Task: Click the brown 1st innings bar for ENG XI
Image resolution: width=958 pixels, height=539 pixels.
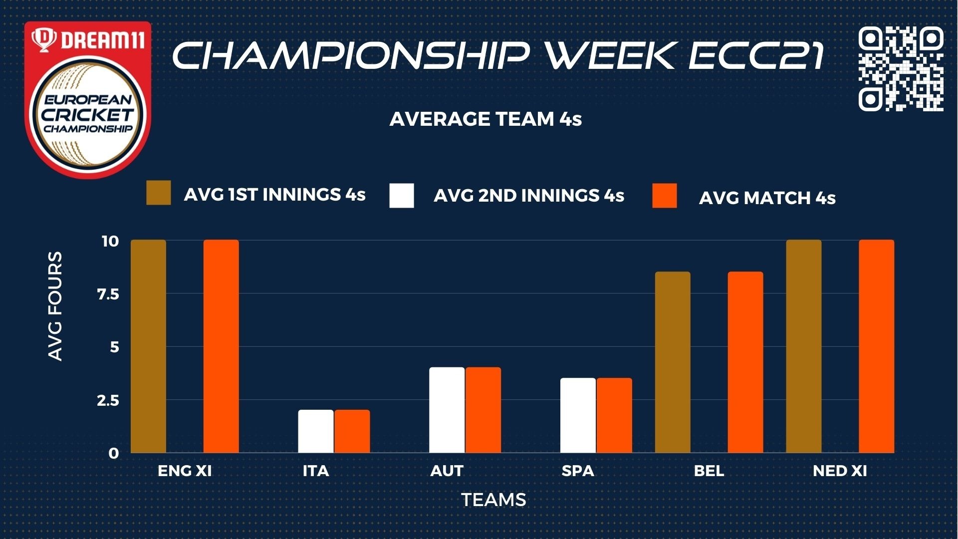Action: tap(148, 346)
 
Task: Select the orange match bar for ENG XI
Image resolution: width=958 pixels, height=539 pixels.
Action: tap(221, 346)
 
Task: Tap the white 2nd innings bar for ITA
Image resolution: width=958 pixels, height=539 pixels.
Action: tap(316, 432)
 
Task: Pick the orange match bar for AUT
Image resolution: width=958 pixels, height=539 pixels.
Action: tap(483, 410)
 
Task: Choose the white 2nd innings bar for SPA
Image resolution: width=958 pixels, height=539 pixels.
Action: tap(578, 416)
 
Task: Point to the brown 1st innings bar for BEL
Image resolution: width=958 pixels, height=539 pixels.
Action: tap(673, 362)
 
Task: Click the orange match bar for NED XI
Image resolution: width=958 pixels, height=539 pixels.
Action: tap(877, 346)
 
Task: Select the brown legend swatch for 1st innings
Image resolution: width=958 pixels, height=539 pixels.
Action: tap(159, 193)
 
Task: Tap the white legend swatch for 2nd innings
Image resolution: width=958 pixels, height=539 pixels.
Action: tap(402, 196)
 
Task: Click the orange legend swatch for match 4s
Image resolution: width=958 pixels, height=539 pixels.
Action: tap(665, 196)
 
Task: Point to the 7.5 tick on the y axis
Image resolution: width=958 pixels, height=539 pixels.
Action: tap(108, 294)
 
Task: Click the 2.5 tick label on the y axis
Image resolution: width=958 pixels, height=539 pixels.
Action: tap(108, 400)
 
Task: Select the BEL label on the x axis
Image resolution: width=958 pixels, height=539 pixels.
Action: tap(709, 471)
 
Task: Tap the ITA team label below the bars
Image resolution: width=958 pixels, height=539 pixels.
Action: tap(316, 471)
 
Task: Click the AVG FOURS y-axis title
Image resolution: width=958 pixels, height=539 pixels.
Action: tap(55, 306)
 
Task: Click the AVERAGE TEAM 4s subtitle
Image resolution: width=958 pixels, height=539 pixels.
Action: tap(485, 119)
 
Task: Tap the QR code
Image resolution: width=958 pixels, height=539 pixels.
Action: tap(901, 69)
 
